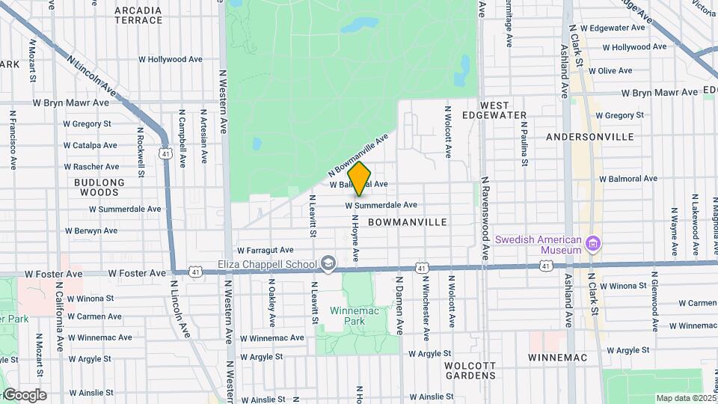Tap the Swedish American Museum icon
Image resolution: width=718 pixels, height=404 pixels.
(595, 244)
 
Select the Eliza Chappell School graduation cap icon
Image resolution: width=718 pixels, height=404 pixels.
(328, 263)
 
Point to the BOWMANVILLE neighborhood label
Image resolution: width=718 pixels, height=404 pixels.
(408, 222)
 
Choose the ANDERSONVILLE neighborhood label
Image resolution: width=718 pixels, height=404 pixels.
(590, 137)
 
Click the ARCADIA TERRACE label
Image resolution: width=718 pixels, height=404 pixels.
(138, 15)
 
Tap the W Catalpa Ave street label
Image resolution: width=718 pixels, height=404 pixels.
(90, 145)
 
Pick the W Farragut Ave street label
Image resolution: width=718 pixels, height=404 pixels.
(266, 250)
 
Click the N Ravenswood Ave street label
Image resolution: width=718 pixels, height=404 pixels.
(485, 218)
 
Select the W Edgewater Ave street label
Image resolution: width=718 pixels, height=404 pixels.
(617, 28)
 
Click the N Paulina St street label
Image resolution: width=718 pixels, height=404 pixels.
(525, 141)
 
